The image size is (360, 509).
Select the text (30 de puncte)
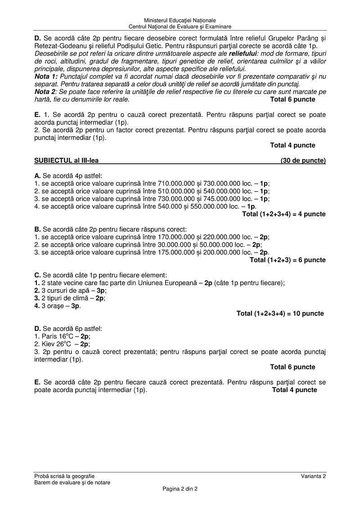303,161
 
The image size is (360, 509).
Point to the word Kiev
48,344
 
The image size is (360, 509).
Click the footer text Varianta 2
314,476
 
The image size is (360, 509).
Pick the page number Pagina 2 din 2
180,489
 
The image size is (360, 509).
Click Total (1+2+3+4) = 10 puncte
280,313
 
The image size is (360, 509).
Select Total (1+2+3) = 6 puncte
288,260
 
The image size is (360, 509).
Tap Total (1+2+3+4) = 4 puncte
283,214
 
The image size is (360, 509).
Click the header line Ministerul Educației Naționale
180,20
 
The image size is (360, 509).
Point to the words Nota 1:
46,76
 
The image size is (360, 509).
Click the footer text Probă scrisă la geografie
64,476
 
